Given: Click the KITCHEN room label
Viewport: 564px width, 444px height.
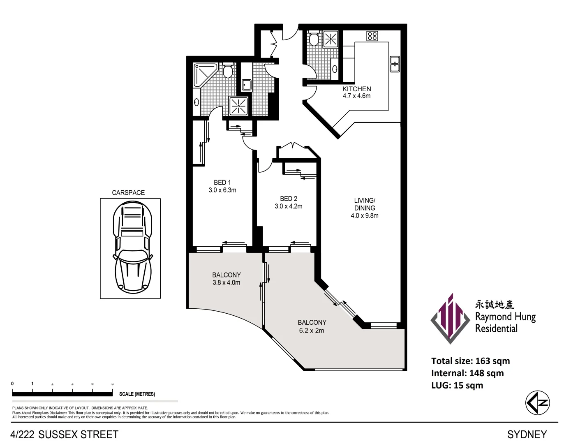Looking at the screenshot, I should click(356, 89).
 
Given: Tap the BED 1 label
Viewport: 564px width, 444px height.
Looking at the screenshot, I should click(222, 183).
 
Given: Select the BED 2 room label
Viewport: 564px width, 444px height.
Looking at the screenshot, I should click(288, 199).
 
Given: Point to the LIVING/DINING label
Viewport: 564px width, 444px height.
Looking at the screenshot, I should click(365, 204).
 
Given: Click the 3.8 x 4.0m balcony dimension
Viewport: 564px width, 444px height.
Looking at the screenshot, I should click(226, 283).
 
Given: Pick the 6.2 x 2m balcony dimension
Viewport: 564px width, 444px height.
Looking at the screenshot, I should click(312, 331).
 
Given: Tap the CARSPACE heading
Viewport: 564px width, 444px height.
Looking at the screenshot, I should click(128, 192).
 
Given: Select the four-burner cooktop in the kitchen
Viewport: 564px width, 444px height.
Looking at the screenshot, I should click(372, 36).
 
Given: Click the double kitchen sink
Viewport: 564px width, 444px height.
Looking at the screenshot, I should click(395, 64).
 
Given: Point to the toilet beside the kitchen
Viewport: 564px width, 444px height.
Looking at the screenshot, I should click(314, 39).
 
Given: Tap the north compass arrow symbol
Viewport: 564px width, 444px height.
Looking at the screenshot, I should click(537, 403).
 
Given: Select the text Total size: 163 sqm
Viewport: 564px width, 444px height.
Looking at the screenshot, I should click(470, 361).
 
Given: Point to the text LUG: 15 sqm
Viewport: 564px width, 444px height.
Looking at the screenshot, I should click(457, 386).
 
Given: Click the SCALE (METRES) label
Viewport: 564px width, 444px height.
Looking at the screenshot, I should click(137, 394).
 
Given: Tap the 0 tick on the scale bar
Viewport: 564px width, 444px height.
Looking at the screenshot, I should click(12, 384).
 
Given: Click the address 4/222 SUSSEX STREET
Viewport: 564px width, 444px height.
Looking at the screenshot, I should click(65, 435).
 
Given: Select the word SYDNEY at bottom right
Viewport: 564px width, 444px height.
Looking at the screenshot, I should click(527, 435).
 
